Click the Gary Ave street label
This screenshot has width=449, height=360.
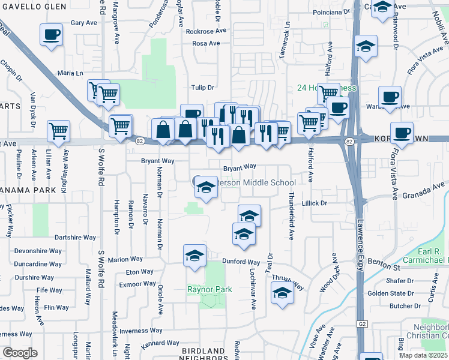(x=84, y=23)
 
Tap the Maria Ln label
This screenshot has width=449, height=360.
(x=71, y=73)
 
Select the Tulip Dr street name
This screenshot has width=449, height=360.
(x=202, y=87)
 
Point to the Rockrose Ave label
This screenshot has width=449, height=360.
(x=206, y=31)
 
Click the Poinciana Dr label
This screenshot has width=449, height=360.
(x=331, y=11)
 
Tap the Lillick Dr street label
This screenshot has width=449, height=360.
(x=315, y=203)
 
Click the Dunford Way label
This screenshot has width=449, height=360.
(x=241, y=262)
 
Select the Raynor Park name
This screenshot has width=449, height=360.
(x=209, y=290)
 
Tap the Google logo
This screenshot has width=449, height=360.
(x=20, y=353)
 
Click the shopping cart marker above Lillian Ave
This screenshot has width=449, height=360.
(x=58, y=130)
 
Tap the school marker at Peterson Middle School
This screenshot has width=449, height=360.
(x=206, y=188)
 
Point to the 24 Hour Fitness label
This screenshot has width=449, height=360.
(x=327, y=88)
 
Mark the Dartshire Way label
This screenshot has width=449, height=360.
(x=75, y=238)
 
